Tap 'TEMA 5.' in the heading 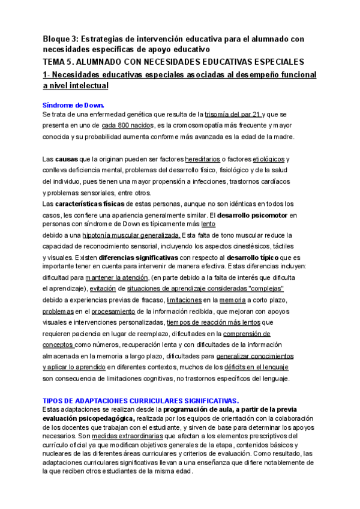(x=61, y=62)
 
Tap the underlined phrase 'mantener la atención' (x=117, y=278)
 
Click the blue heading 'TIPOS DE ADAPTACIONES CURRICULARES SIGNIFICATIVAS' (x=140, y=400)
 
